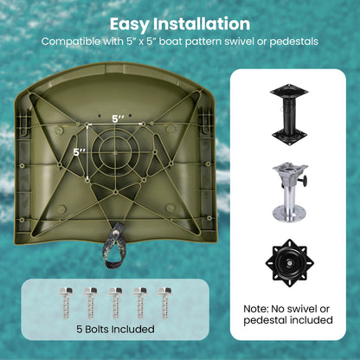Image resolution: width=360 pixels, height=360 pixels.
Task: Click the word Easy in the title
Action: pos(130,24)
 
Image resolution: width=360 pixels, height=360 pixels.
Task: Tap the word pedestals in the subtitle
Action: pos(294,42)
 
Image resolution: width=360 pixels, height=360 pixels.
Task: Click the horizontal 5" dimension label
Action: pos(118,119)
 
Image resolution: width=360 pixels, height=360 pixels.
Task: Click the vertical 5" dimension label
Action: pos(79,152)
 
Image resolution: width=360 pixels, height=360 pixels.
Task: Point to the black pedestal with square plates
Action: pos(289,114)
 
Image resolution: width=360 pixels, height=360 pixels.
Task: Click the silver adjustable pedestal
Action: pos(290,192)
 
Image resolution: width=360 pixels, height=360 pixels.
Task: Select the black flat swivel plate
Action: pos(290,263)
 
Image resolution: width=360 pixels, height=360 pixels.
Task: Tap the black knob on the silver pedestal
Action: pos(303,181)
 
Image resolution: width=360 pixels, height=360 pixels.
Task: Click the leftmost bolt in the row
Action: pos(67,303)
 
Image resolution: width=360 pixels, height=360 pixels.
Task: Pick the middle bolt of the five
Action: pos(115,303)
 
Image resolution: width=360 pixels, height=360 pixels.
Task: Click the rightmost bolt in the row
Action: pos(165,303)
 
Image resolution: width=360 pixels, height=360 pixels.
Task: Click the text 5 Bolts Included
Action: pos(115,329)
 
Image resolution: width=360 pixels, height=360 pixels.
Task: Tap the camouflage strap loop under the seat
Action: pos(116,245)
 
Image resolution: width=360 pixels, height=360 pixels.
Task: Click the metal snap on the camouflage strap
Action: pos(116,233)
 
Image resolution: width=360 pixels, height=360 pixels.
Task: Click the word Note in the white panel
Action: pos(255,309)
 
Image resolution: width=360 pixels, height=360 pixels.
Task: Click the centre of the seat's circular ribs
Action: pos(115,151)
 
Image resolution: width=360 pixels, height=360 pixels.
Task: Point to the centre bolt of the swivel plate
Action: pos(289,263)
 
